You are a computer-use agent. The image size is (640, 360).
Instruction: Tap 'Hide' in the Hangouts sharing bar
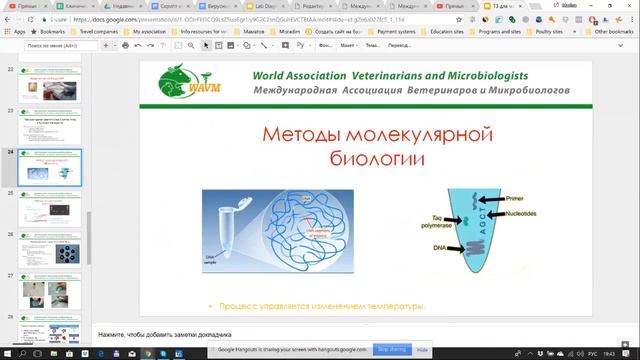point(422,350)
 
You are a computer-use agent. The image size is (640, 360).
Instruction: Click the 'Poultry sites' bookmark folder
point(557,31)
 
